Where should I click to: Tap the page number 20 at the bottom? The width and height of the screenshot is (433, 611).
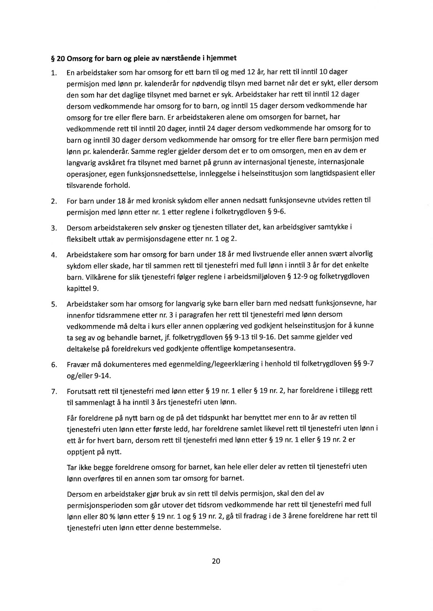pyautogui.click(x=216, y=561)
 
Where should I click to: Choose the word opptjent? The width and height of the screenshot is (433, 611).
pyautogui.click(x=80, y=451)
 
